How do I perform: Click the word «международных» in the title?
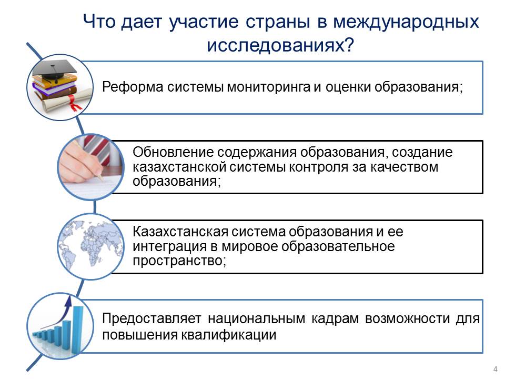click(x=406, y=23)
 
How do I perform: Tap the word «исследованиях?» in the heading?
click(x=280, y=45)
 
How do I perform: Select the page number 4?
click(x=496, y=369)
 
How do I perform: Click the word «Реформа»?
click(x=133, y=87)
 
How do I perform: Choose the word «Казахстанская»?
click(x=180, y=232)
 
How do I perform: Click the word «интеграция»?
click(x=169, y=246)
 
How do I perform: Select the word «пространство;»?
click(x=179, y=261)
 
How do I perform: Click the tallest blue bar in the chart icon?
click(x=78, y=328)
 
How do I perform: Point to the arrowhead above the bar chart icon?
click(x=68, y=301)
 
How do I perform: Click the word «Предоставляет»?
click(x=151, y=319)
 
